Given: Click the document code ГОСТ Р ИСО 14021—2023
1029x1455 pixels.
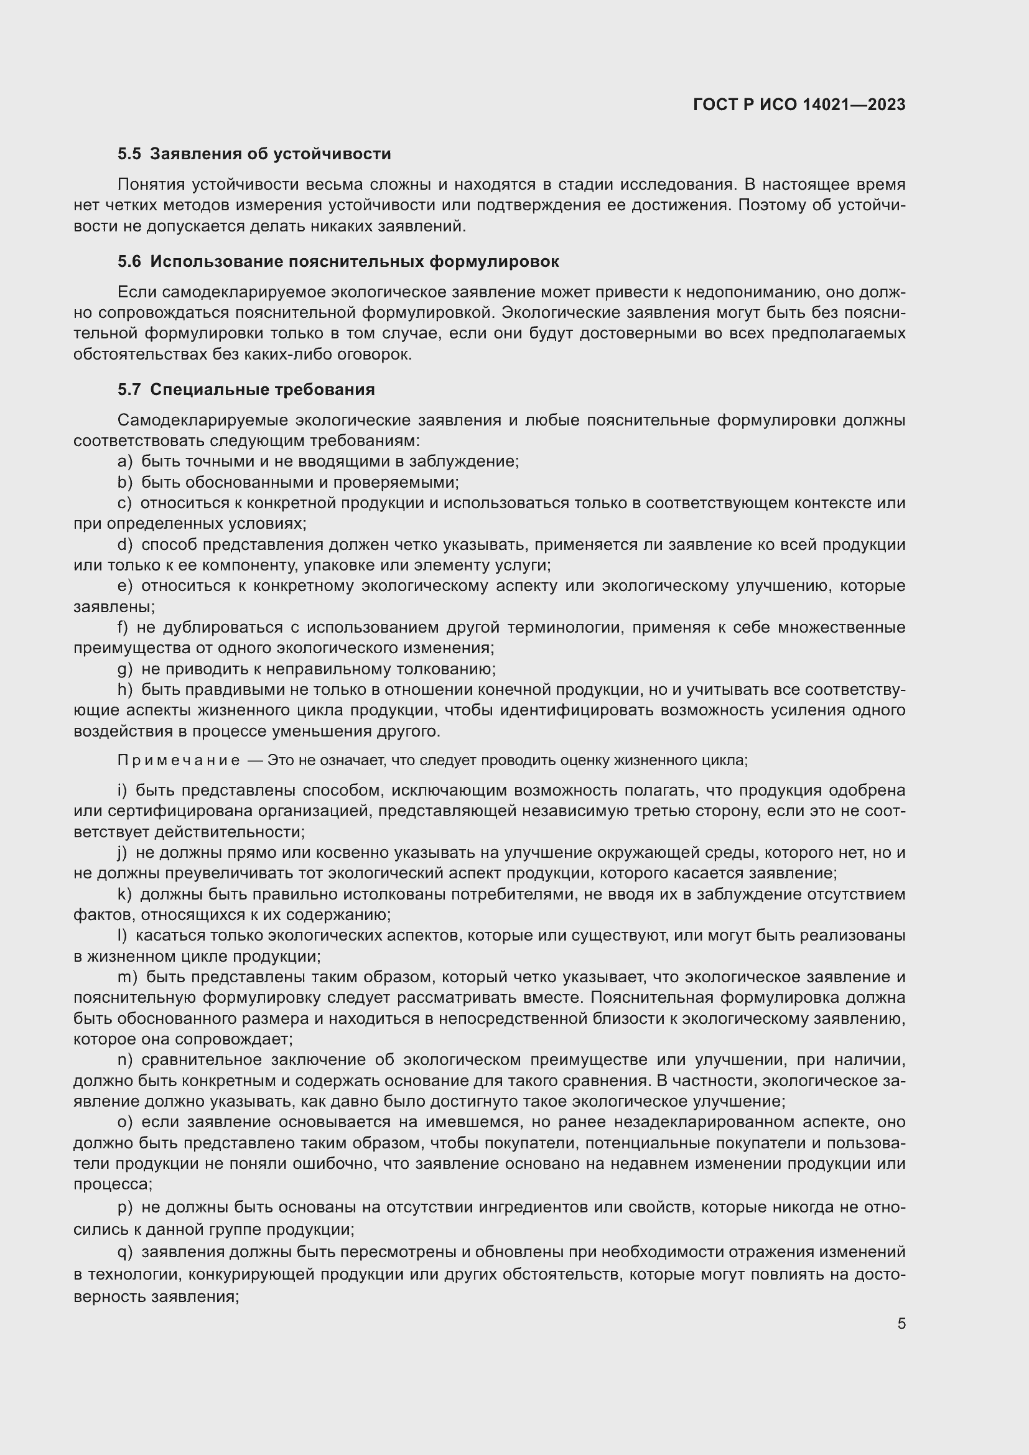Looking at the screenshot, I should (799, 105).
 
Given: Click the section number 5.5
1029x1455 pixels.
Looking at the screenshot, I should (129, 154).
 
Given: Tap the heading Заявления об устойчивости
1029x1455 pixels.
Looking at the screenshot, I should (271, 154).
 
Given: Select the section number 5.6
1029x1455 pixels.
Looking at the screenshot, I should (129, 262).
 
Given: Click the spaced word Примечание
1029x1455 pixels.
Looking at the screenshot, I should (179, 760).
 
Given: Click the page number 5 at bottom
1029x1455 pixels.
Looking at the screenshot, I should (901, 1324).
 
